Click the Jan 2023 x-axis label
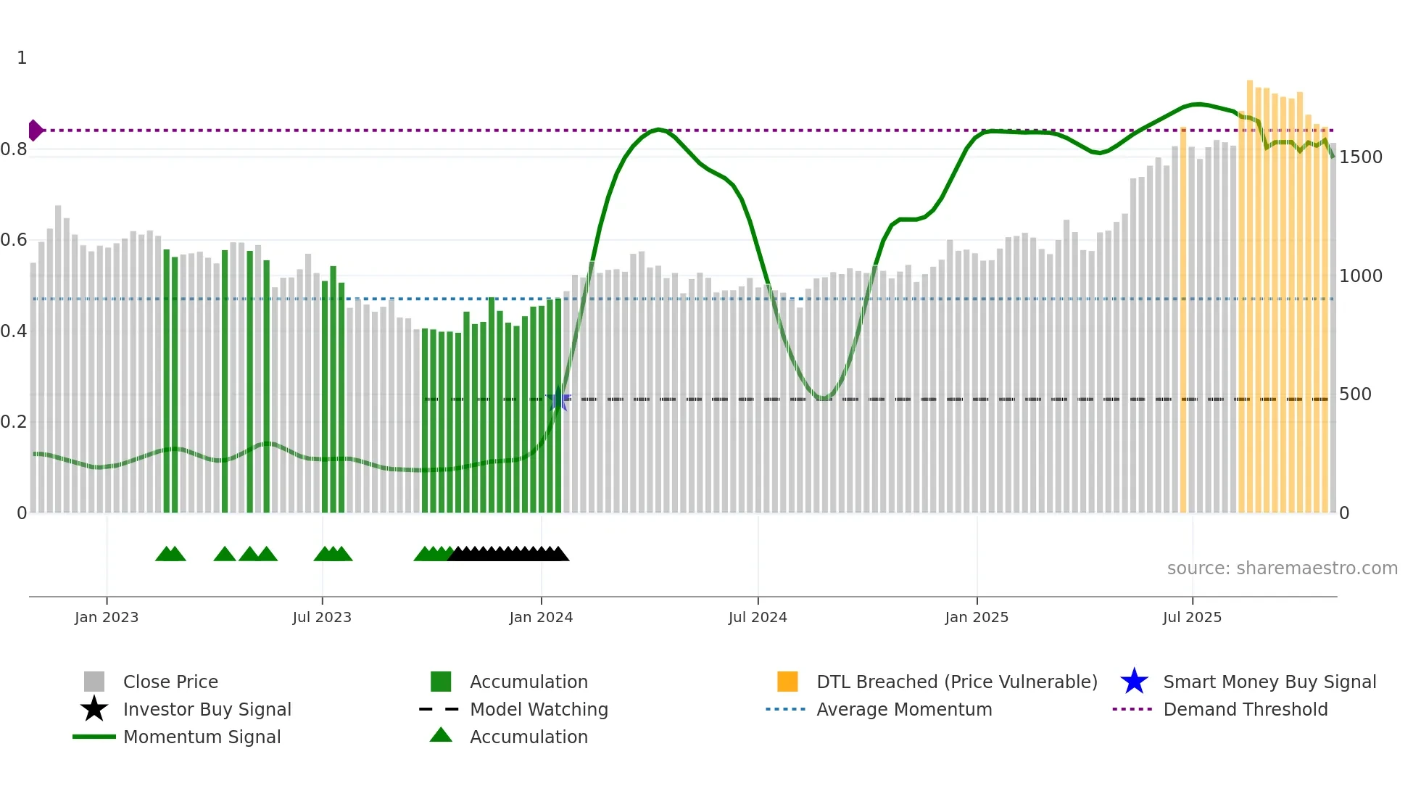point(107,617)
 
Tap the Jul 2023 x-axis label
point(322,617)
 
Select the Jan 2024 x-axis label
point(541,617)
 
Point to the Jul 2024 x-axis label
point(758,617)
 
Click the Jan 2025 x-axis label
point(977,617)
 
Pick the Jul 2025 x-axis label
point(1192,617)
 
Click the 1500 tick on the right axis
point(1360,157)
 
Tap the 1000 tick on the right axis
point(1360,276)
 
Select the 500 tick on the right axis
point(1355,394)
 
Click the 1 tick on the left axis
point(22,58)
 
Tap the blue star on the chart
point(558,399)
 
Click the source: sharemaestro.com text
point(1282,568)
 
